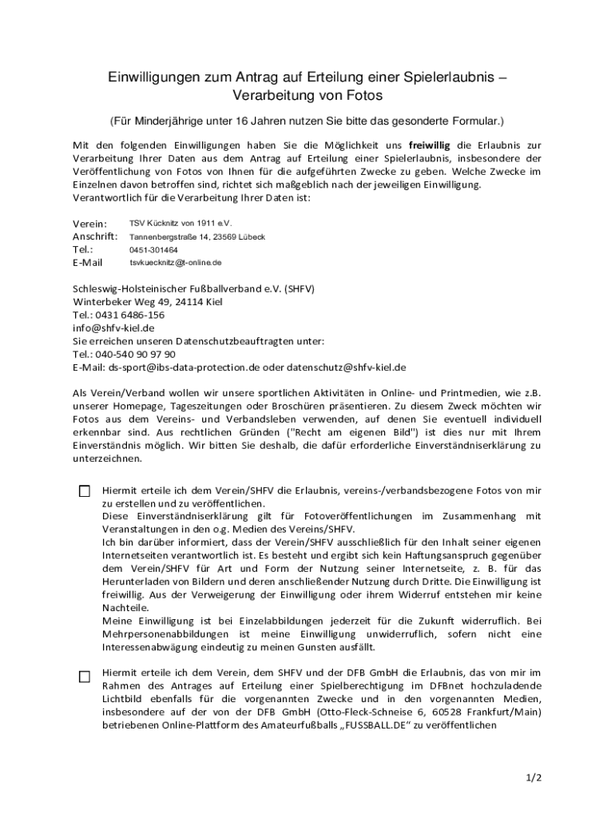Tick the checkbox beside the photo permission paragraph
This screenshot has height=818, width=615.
click(x=85, y=491)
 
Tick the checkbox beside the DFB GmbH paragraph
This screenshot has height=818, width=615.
click(x=85, y=677)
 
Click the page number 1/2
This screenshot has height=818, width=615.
click(x=534, y=777)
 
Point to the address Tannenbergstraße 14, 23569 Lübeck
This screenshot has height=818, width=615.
click(x=197, y=237)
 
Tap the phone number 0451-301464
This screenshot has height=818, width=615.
click(x=154, y=250)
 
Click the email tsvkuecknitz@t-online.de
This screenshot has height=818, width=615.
click(x=176, y=263)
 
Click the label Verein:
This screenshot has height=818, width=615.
click(x=89, y=224)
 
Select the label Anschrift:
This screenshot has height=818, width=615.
click(x=95, y=237)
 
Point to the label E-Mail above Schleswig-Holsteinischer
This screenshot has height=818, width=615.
click(x=88, y=263)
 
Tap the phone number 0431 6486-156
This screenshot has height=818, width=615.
click(x=124, y=315)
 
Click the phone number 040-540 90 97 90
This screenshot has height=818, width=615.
click(x=135, y=354)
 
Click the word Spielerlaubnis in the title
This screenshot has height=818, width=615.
click(x=449, y=77)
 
